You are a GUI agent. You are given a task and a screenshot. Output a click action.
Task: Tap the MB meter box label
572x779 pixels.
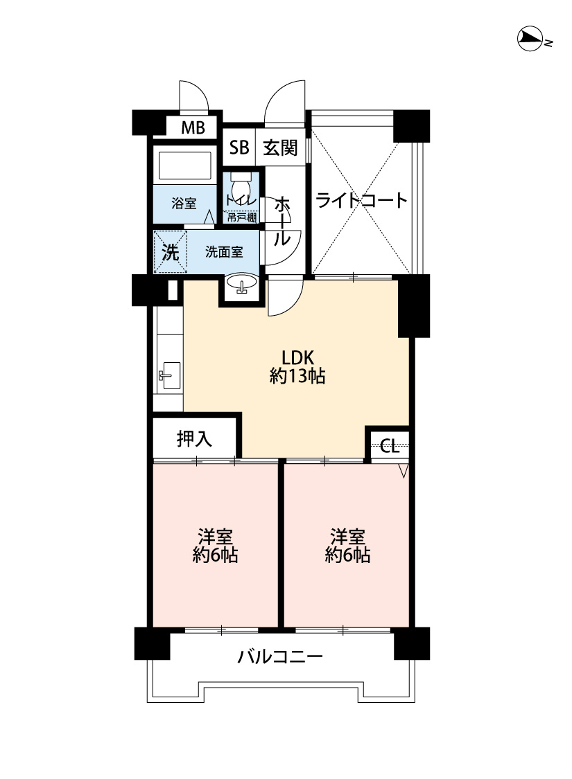[193, 127]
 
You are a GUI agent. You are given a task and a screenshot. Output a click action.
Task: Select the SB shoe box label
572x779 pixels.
[239, 147]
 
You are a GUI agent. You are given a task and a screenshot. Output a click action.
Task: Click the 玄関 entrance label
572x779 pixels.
[280, 147]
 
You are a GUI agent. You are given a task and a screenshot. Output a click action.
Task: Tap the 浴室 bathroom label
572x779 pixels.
[184, 203]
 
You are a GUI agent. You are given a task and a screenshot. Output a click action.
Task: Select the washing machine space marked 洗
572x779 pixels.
[170, 252]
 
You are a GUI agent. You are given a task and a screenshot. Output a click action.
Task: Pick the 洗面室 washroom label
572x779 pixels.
[225, 252]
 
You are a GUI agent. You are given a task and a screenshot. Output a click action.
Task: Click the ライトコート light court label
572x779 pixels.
[362, 200]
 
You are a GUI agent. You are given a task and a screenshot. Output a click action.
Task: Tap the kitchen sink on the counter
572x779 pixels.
[169, 375]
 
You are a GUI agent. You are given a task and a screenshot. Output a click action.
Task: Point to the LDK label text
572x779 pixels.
[297, 358]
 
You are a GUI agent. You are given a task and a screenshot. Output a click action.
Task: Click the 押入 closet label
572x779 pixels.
[194, 439]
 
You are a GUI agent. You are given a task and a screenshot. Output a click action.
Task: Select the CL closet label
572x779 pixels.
[390, 446]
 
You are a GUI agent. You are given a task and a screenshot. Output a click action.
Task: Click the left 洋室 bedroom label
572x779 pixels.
[216, 537]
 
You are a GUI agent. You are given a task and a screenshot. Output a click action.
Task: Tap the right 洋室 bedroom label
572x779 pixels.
[347, 537]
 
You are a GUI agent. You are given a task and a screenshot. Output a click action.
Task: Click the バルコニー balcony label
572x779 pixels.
[280, 657]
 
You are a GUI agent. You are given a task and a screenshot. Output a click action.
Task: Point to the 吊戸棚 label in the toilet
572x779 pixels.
[242, 217]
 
